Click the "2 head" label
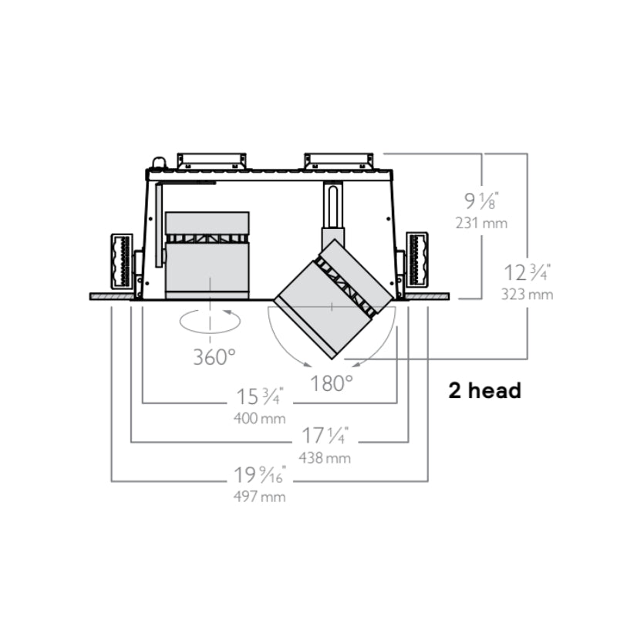pos(485,391)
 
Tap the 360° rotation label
pos(214,357)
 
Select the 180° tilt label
pos(332,383)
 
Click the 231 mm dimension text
pos(481,223)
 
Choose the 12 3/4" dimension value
pos(528,272)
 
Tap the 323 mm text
pos(528,295)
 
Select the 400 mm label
pos(260,418)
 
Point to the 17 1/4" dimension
pos(325,436)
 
